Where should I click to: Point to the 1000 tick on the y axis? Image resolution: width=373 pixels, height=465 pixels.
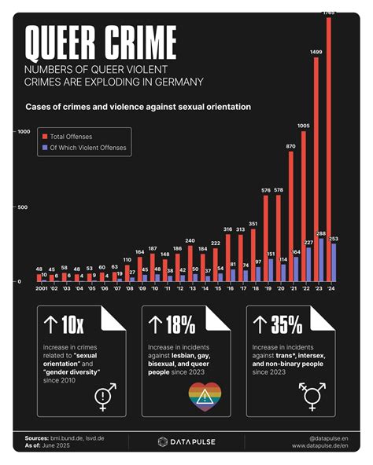(23, 131)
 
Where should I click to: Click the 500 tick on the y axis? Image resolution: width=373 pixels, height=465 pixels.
(24, 207)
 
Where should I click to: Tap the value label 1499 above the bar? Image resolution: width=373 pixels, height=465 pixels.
(316, 52)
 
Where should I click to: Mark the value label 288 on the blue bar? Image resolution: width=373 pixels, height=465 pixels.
(322, 233)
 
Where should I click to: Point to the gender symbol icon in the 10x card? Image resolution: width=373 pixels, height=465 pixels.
(105, 397)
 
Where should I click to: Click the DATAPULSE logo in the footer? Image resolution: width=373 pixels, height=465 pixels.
(186, 441)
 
